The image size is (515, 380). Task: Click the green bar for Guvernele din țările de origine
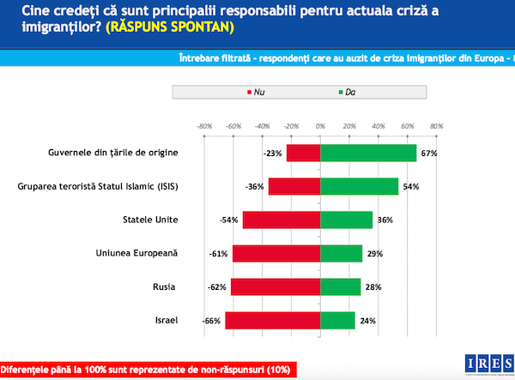pyautogui.click(x=368, y=153)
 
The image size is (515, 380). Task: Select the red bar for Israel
pyautogui.click(x=272, y=320)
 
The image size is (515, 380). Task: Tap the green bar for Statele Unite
pyautogui.click(x=346, y=220)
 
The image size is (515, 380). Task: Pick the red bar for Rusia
pyautogui.click(x=275, y=287)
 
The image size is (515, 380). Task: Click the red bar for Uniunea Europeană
pyautogui.click(x=276, y=253)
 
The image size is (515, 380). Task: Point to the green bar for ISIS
pyautogui.click(x=359, y=186)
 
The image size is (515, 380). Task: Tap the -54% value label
pyautogui.click(x=229, y=220)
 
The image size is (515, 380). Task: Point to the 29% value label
pyautogui.click(x=373, y=253)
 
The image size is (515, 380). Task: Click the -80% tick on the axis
pyautogui.click(x=204, y=125)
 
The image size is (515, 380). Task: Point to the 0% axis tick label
pyautogui.click(x=319, y=125)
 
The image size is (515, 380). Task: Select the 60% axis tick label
pyautogui.click(x=407, y=125)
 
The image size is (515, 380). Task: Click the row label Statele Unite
pyautogui.click(x=151, y=220)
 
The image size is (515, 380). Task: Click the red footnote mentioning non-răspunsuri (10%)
pyautogui.click(x=145, y=369)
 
